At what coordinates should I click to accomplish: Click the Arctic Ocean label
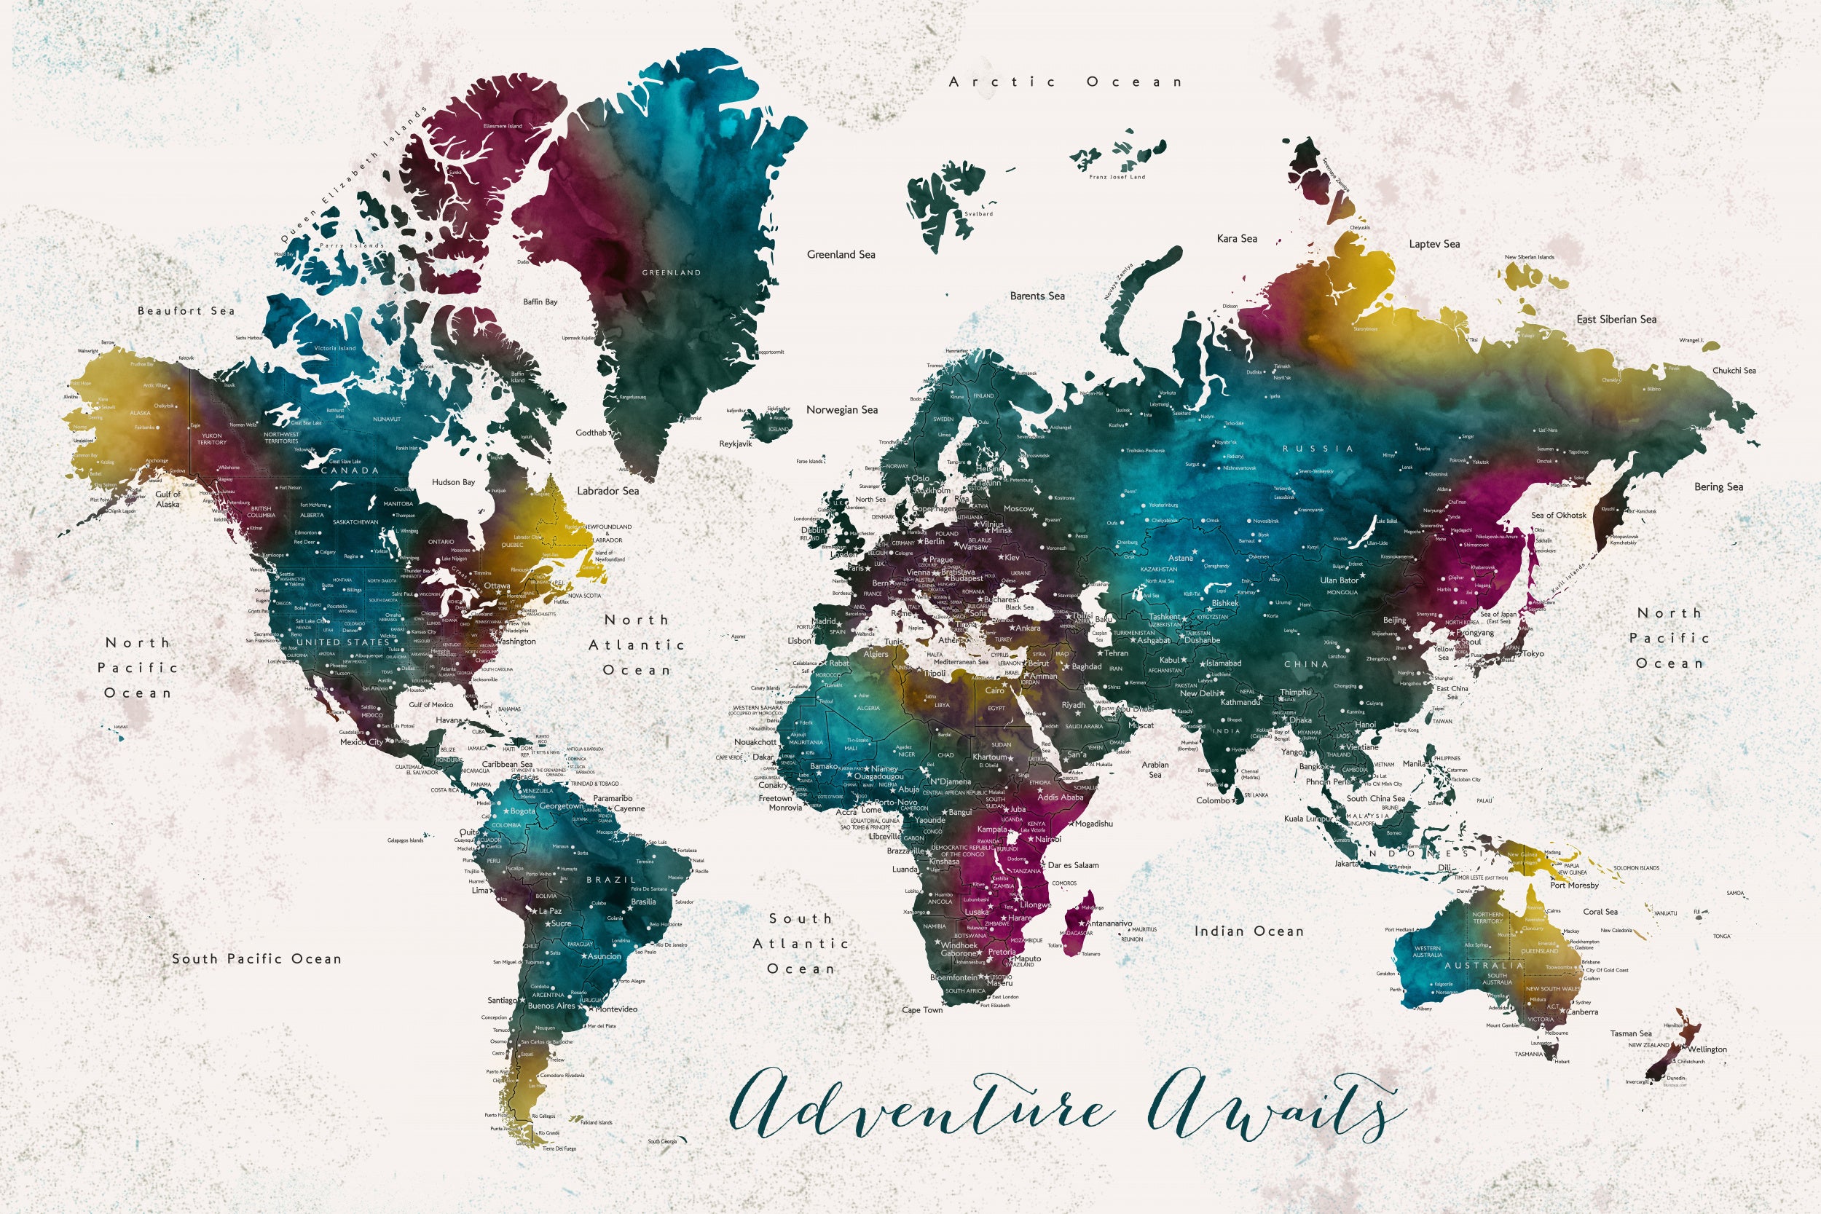(1066, 82)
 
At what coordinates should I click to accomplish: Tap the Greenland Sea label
(841, 255)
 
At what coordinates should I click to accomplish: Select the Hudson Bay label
(453, 482)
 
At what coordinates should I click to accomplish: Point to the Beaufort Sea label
(186, 311)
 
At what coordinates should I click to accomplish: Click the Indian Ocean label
(1248, 931)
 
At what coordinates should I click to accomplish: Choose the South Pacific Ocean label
(256, 959)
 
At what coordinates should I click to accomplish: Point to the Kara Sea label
(1236, 238)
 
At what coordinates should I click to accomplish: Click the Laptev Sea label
(1434, 244)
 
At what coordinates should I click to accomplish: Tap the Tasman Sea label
(1631, 1033)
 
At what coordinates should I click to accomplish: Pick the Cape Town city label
(922, 1009)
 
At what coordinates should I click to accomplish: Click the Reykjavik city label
(736, 444)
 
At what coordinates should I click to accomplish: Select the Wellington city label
(1707, 1050)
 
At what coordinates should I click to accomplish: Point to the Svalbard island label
(979, 213)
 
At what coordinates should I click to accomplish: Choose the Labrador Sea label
(607, 491)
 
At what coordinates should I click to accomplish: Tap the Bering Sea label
(1718, 487)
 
